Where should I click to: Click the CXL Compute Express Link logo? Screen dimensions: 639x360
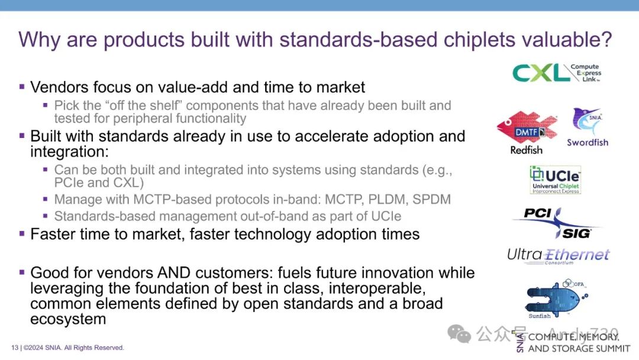pyautogui.click(x=557, y=73)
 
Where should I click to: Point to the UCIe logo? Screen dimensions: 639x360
pyautogui.click(x=556, y=180)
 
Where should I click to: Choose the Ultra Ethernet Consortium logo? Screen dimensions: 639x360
pyautogui.click(x=559, y=256)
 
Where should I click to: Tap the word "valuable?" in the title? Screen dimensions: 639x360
pyautogui.click(x=567, y=39)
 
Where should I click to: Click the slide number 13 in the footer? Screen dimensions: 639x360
pyautogui.click(x=15, y=348)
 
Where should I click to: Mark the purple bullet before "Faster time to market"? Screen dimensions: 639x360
pyautogui.click(x=22, y=234)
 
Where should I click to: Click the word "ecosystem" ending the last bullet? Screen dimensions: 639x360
pyautogui.click(x=68, y=319)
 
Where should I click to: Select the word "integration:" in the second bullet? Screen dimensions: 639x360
pyautogui.click(x=70, y=152)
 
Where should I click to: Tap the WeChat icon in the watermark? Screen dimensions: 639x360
pyautogui.click(x=459, y=334)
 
